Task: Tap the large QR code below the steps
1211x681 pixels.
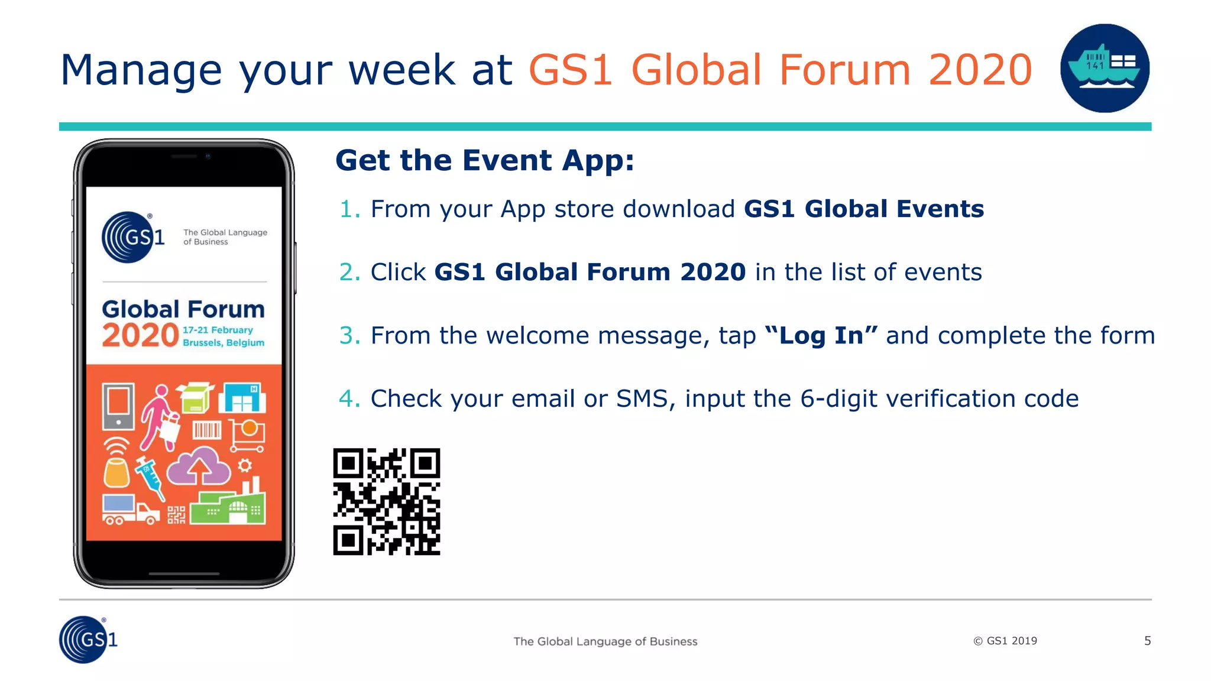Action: coord(387,501)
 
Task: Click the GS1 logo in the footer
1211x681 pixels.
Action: coord(88,640)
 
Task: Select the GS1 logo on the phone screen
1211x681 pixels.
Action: coord(132,237)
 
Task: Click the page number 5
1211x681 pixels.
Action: coord(1147,641)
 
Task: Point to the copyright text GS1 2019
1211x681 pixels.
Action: coord(1005,641)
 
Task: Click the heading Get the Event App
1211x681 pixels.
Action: coord(484,161)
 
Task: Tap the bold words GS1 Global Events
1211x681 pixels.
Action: coord(863,209)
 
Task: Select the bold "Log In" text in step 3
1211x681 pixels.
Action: coord(821,336)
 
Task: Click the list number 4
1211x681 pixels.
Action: coord(348,399)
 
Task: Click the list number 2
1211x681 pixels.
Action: coord(348,273)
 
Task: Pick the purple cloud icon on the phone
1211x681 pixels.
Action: coord(199,466)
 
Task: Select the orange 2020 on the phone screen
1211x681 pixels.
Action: coord(140,336)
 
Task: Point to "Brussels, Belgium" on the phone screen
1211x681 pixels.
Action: coord(224,343)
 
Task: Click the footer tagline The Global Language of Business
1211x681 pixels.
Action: coord(605,641)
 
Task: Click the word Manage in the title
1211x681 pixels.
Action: coord(141,70)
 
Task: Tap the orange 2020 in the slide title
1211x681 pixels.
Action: coord(980,70)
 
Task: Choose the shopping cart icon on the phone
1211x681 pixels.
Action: coord(247,436)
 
